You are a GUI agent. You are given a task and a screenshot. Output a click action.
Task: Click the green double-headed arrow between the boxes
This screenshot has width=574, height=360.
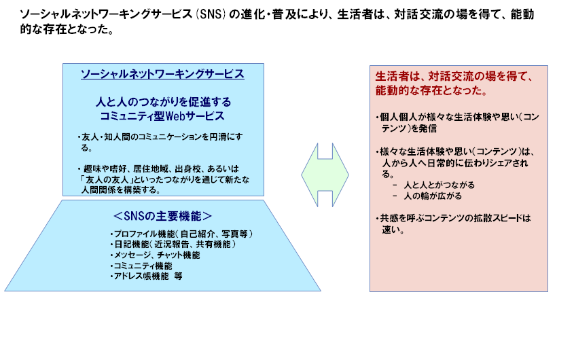[325, 175]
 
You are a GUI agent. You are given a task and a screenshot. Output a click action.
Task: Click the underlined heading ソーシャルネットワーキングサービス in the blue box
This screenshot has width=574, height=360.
[162, 74]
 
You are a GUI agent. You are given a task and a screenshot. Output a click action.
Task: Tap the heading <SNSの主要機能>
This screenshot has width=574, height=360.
[162, 216]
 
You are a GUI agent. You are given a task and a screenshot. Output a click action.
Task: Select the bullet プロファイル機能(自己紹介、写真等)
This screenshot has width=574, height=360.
[181, 234]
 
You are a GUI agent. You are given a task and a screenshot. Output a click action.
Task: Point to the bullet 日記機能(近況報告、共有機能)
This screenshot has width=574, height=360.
[173, 245]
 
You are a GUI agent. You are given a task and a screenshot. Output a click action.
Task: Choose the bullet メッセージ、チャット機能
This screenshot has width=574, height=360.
[155, 255]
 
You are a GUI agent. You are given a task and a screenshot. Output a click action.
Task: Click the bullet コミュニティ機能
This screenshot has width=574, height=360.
[141, 266]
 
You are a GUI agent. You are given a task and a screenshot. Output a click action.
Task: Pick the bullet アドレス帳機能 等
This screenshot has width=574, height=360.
[147, 276]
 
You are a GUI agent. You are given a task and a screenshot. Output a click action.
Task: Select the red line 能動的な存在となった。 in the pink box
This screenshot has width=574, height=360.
[431, 90]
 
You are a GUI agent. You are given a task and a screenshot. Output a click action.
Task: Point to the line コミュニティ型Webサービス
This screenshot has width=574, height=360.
[162, 116]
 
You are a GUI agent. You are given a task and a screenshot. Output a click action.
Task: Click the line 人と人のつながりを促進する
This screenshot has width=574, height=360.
[163, 102]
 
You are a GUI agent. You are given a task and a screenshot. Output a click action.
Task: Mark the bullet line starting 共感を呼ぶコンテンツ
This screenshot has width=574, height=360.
[453, 218]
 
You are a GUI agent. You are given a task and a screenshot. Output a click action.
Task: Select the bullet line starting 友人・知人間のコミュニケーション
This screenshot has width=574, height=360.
[160, 137]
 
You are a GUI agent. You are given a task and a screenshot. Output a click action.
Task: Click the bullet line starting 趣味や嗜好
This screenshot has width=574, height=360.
[158, 169]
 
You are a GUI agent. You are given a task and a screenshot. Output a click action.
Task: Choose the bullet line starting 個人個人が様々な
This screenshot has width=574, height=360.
[458, 118]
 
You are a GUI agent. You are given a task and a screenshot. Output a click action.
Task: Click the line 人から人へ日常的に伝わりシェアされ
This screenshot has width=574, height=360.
[455, 163]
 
